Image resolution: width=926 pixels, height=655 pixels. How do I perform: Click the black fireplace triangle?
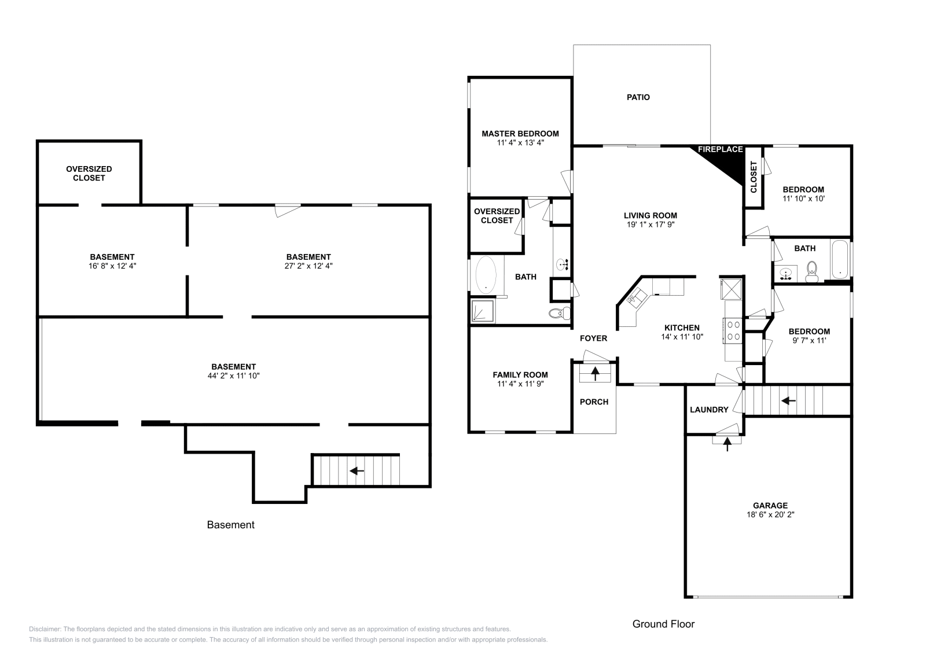[x=727, y=163]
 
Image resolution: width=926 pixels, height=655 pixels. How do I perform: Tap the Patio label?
[x=638, y=97]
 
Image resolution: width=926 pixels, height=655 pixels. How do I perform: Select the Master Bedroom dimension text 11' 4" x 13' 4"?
[x=520, y=143]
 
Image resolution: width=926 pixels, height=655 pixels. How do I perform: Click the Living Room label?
[x=651, y=215]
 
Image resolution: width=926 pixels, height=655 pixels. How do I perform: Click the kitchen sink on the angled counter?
[x=637, y=297]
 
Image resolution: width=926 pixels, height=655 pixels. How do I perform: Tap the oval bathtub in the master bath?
[x=486, y=275]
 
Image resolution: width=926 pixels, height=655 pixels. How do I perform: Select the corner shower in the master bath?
[x=483, y=310]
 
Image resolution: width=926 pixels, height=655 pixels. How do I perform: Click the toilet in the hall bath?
[x=812, y=271]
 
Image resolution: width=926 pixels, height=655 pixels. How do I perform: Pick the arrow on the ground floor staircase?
[x=788, y=400]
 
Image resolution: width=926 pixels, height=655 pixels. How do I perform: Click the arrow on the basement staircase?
[x=357, y=470]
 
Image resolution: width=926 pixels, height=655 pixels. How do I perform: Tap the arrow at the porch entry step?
[x=595, y=374]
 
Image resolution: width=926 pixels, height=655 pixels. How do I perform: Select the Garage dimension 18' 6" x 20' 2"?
[x=770, y=514]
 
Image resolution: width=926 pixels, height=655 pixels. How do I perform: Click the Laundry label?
[x=709, y=410]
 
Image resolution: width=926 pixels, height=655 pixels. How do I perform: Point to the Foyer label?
[x=593, y=338]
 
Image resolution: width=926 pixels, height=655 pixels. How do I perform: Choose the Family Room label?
[x=520, y=375]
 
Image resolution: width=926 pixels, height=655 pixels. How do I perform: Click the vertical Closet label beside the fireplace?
[x=754, y=177]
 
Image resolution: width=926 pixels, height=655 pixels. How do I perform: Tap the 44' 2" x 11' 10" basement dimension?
[x=234, y=376]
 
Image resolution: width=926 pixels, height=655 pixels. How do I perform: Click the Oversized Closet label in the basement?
[x=89, y=173]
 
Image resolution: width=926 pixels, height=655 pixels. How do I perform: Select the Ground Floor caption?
[x=663, y=624]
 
